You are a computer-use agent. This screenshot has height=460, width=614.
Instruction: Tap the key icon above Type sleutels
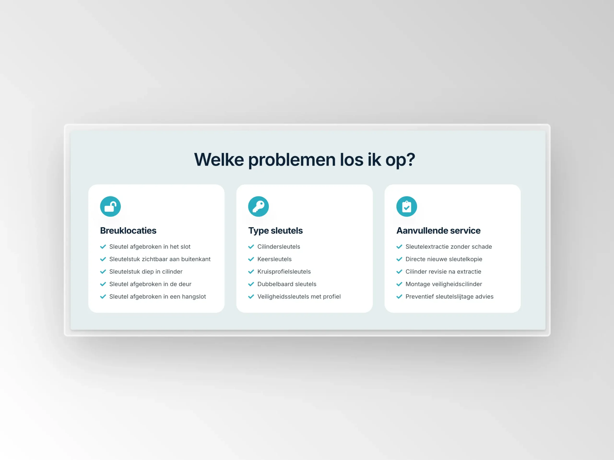258,207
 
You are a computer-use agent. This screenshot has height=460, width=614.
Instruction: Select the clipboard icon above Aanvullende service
407,207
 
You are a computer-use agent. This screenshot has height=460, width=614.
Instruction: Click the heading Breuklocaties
128,230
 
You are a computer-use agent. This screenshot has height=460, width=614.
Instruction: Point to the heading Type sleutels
275,231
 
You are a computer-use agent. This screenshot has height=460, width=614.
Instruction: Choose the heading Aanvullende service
438,230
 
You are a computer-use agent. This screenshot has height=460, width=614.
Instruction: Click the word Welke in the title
219,159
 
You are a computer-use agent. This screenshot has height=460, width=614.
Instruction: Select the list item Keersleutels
275,259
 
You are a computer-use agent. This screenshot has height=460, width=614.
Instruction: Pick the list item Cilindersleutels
279,247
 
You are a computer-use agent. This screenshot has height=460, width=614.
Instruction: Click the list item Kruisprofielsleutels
284,271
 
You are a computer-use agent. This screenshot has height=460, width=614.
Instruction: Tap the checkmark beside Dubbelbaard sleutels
251,284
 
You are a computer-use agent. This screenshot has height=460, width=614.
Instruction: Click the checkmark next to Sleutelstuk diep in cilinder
103,271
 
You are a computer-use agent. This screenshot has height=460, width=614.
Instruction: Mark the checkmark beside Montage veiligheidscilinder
399,284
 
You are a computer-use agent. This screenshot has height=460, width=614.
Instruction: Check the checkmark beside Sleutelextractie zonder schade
399,247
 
